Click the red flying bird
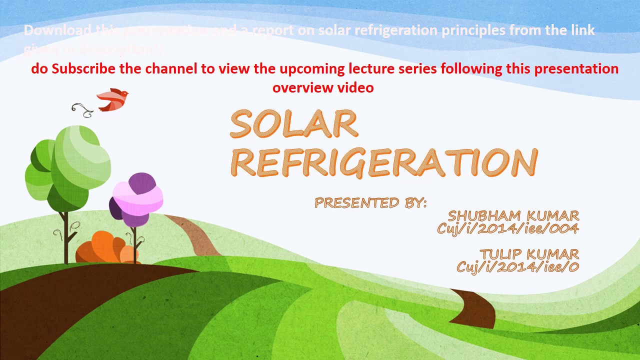pos(112,99)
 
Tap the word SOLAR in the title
pos(294,124)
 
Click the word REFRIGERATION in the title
pos(384,162)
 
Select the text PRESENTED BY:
pos(370,203)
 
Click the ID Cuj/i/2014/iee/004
pos(507,228)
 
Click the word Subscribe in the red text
pos(83,69)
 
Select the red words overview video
pos(323,88)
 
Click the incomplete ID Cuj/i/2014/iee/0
pos(517,267)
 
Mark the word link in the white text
pos(582,30)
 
